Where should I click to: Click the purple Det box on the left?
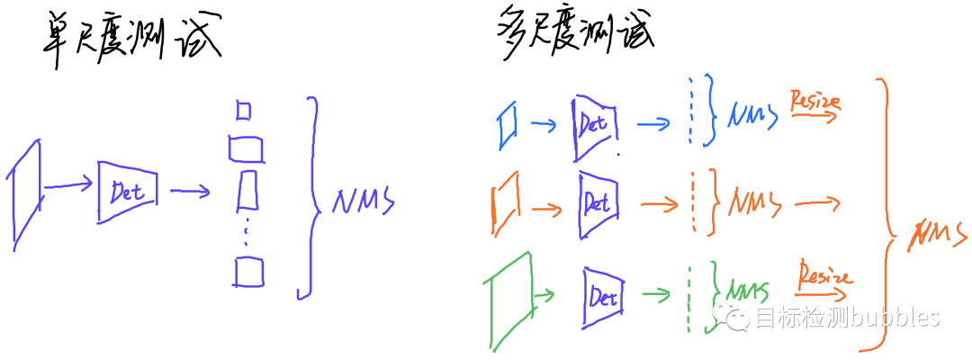click(x=127, y=191)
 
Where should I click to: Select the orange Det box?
click(x=597, y=203)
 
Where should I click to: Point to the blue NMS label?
click(x=753, y=118)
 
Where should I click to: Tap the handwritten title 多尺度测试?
click(x=576, y=34)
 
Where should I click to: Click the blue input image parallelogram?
click(x=509, y=123)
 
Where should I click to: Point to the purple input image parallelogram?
click(x=26, y=193)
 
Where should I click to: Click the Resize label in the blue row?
click(x=814, y=101)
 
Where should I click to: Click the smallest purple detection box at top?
click(x=243, y=110)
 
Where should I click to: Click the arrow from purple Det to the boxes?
click(x=190, y=191)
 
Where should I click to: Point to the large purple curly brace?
click(x=311, y=198)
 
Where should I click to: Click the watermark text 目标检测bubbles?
click(x=846, y=318)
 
